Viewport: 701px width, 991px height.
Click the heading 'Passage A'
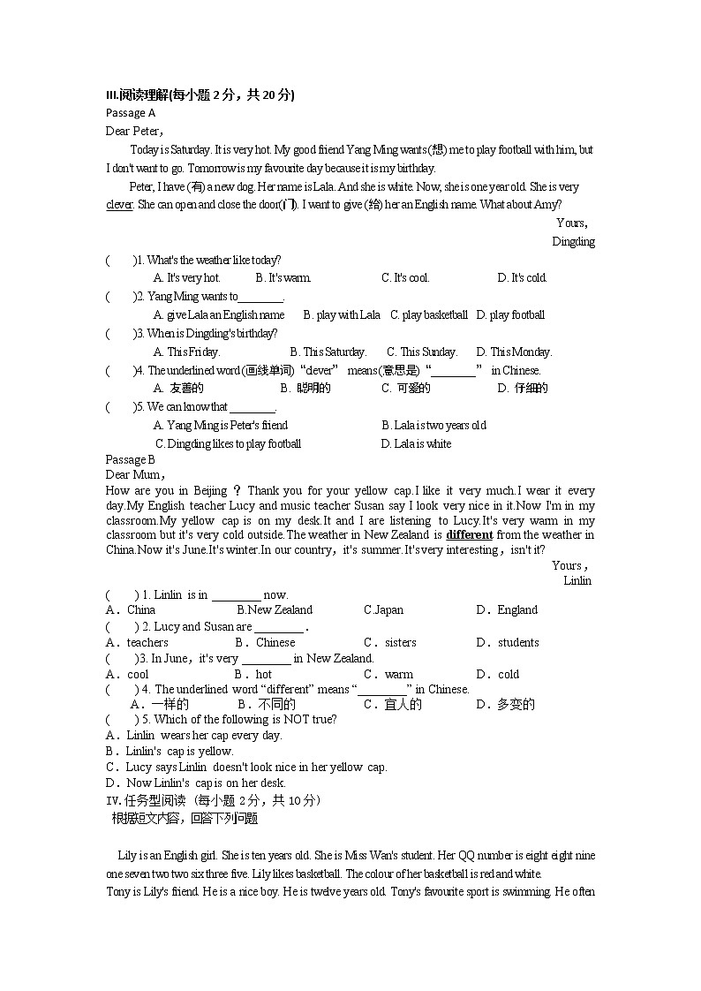(130, 113)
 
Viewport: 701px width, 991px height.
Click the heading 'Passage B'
(130, 459)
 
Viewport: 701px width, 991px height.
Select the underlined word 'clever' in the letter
(119, 205)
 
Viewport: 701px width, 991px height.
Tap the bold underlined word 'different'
(469, 534)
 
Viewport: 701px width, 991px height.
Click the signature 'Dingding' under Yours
(573, 241)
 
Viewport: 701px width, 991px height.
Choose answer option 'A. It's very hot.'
(186, 277)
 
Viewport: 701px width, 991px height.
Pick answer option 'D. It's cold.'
(522, 277)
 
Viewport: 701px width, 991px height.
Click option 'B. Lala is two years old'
(433, 425)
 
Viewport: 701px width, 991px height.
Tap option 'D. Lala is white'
(415, 443)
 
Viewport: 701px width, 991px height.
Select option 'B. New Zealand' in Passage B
(275, 609)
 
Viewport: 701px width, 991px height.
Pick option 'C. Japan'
(383, 609)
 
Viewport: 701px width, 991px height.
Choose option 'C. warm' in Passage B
(388, 674)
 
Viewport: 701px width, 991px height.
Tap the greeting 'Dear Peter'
(134, 131)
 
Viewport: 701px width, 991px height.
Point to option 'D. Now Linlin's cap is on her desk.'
(196, 783)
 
